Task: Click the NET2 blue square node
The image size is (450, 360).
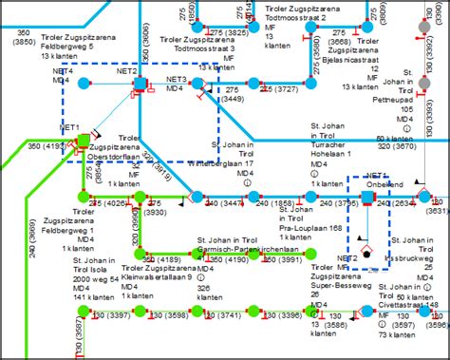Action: click(141, 85)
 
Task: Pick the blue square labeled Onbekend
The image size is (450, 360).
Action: click(366, 198)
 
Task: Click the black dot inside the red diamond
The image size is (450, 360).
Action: click(365, 256)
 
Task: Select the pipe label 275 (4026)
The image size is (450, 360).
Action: click(107, 202)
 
